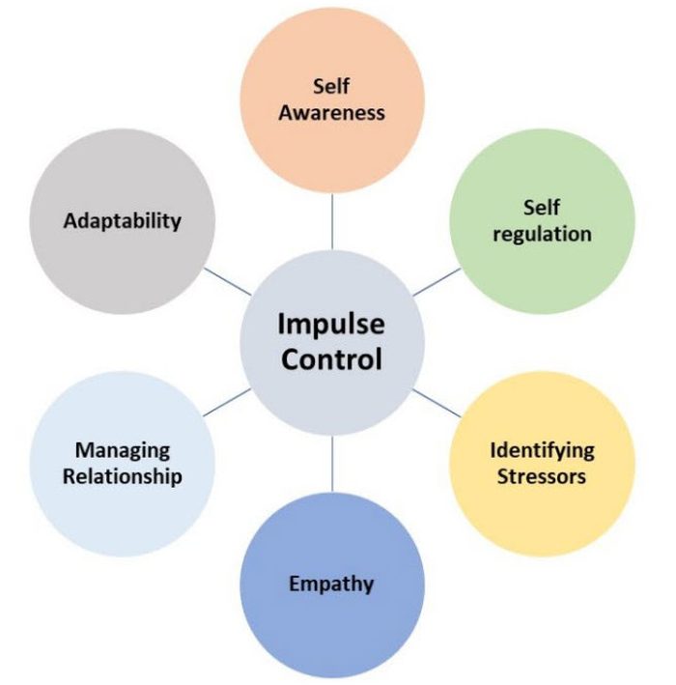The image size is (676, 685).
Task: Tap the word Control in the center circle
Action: point(332,359)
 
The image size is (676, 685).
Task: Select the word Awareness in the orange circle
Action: point(332,112)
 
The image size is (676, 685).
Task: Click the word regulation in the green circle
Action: point(542,234)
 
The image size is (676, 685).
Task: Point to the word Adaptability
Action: point(123,220)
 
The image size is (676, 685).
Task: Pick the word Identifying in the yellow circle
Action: point(542,450)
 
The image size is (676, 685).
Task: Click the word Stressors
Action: point(542,476)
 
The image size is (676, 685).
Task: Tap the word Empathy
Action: point(331,583)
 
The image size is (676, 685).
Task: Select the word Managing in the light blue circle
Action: point(123,450)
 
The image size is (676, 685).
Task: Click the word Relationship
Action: point(123,476)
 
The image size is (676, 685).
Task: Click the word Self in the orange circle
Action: point(331,87)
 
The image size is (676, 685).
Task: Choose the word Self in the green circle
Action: point(542,208)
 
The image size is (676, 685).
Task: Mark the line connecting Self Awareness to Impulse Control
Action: point(332,219)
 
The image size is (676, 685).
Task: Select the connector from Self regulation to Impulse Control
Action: point(437,281)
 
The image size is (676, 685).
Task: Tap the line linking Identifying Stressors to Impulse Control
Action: point(437,402)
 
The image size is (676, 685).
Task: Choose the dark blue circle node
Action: point(331,628)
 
